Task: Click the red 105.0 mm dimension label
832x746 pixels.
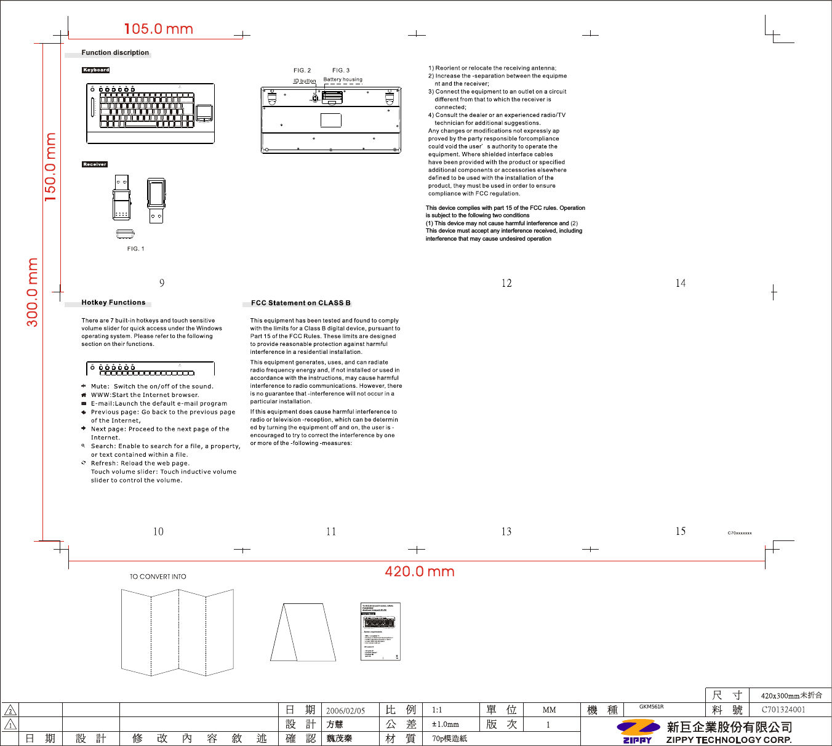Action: pos(158,29)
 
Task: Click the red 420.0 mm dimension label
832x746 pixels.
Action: pos(419,571)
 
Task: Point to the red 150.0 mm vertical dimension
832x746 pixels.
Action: pos(50,167)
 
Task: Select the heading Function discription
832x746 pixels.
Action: pos(115,53)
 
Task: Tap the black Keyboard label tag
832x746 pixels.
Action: pos(96,70)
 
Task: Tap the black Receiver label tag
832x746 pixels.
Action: pos(95,164)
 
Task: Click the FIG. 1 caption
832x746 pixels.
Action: pos(135,249)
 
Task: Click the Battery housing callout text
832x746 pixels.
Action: pos(343,79)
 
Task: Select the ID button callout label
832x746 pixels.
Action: pos(304,81)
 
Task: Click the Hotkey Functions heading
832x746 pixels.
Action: pos(113,303)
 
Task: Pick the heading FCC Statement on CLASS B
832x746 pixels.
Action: pos(300,303)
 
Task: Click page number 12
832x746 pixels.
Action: pos(506,283)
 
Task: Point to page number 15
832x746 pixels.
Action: pos(680,531)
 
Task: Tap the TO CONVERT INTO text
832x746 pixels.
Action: pos(158,577)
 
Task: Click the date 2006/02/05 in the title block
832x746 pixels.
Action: pos(345,710)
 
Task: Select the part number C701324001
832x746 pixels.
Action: pos(783,710)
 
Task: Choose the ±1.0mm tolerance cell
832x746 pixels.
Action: pos(445,724)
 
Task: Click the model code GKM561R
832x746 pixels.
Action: pos(651,707)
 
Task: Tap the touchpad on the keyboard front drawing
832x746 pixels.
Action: pos(204,113)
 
